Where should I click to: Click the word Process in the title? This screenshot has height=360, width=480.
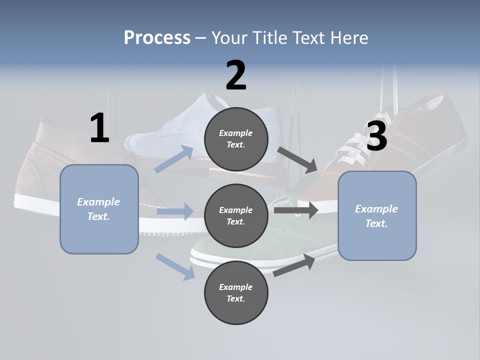point(157,38)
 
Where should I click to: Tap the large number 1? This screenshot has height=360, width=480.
point(99,128)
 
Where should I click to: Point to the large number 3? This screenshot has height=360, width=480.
point(377,136)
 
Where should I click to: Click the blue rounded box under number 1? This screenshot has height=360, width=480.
point(99,209)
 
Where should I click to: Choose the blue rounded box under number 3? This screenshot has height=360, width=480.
point(377,216)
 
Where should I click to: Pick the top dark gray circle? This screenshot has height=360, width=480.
point(236,139)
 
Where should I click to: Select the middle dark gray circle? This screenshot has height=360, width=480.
point(236,216)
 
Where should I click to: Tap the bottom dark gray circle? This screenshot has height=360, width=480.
point(236,293)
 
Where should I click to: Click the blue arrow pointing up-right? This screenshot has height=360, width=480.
point(174,159)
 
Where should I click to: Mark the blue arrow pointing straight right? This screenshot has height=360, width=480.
point(175,211)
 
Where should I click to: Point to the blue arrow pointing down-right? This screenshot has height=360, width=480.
point(175,266)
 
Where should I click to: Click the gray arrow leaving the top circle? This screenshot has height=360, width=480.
point(298,159)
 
